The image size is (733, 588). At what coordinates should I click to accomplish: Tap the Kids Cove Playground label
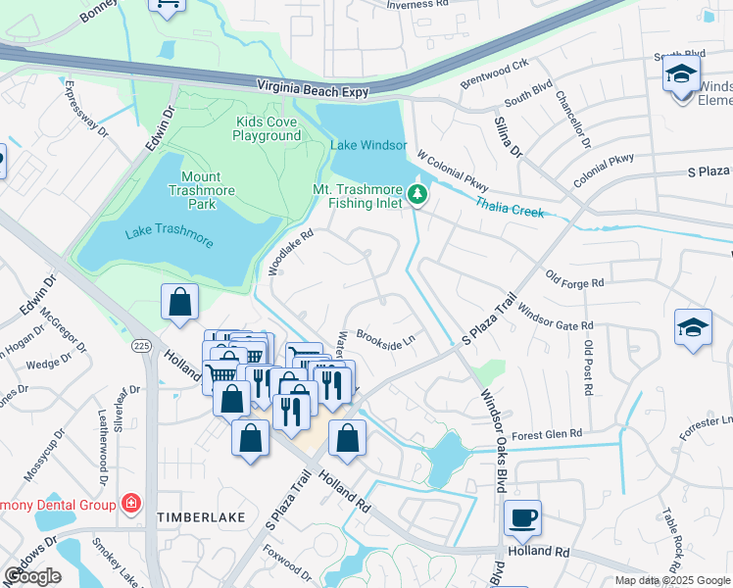267,128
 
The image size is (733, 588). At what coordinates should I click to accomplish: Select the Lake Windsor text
367,145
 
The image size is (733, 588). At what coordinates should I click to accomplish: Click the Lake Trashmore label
169,234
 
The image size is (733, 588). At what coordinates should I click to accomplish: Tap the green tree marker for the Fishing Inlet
418,195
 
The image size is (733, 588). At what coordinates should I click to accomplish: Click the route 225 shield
141,345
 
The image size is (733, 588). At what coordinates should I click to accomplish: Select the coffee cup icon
522,516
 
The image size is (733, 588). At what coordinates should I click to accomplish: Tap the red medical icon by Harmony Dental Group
130,503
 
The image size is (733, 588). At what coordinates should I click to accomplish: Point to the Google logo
32,576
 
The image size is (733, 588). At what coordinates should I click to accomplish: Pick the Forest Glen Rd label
547,432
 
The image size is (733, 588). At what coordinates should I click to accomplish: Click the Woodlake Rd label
291,252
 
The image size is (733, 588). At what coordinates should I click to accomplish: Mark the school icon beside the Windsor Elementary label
681,73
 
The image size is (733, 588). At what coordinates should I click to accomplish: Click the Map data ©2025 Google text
672,579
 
